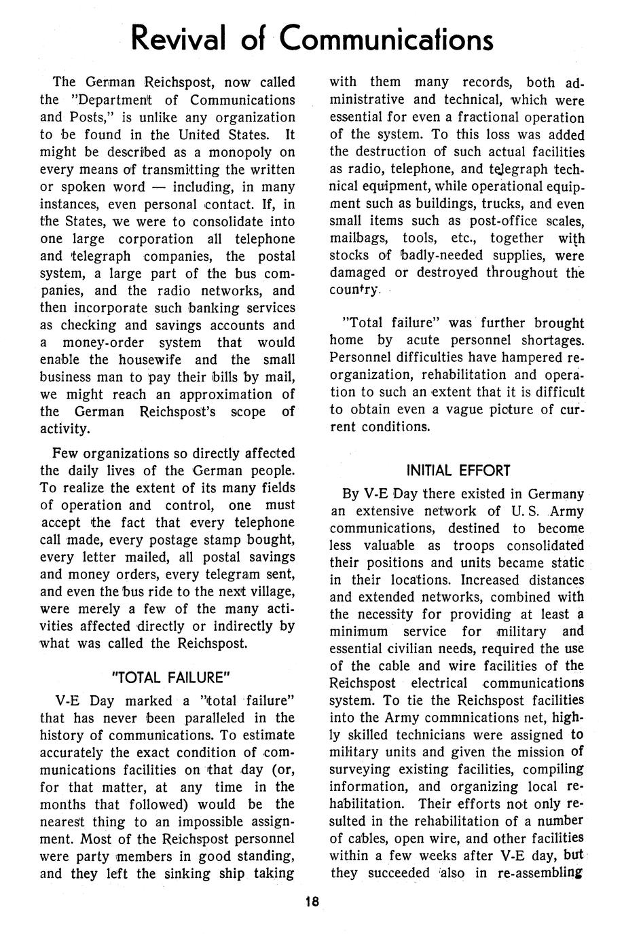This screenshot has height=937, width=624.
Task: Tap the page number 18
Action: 312,902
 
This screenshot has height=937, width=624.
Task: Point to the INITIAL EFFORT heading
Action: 458,470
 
